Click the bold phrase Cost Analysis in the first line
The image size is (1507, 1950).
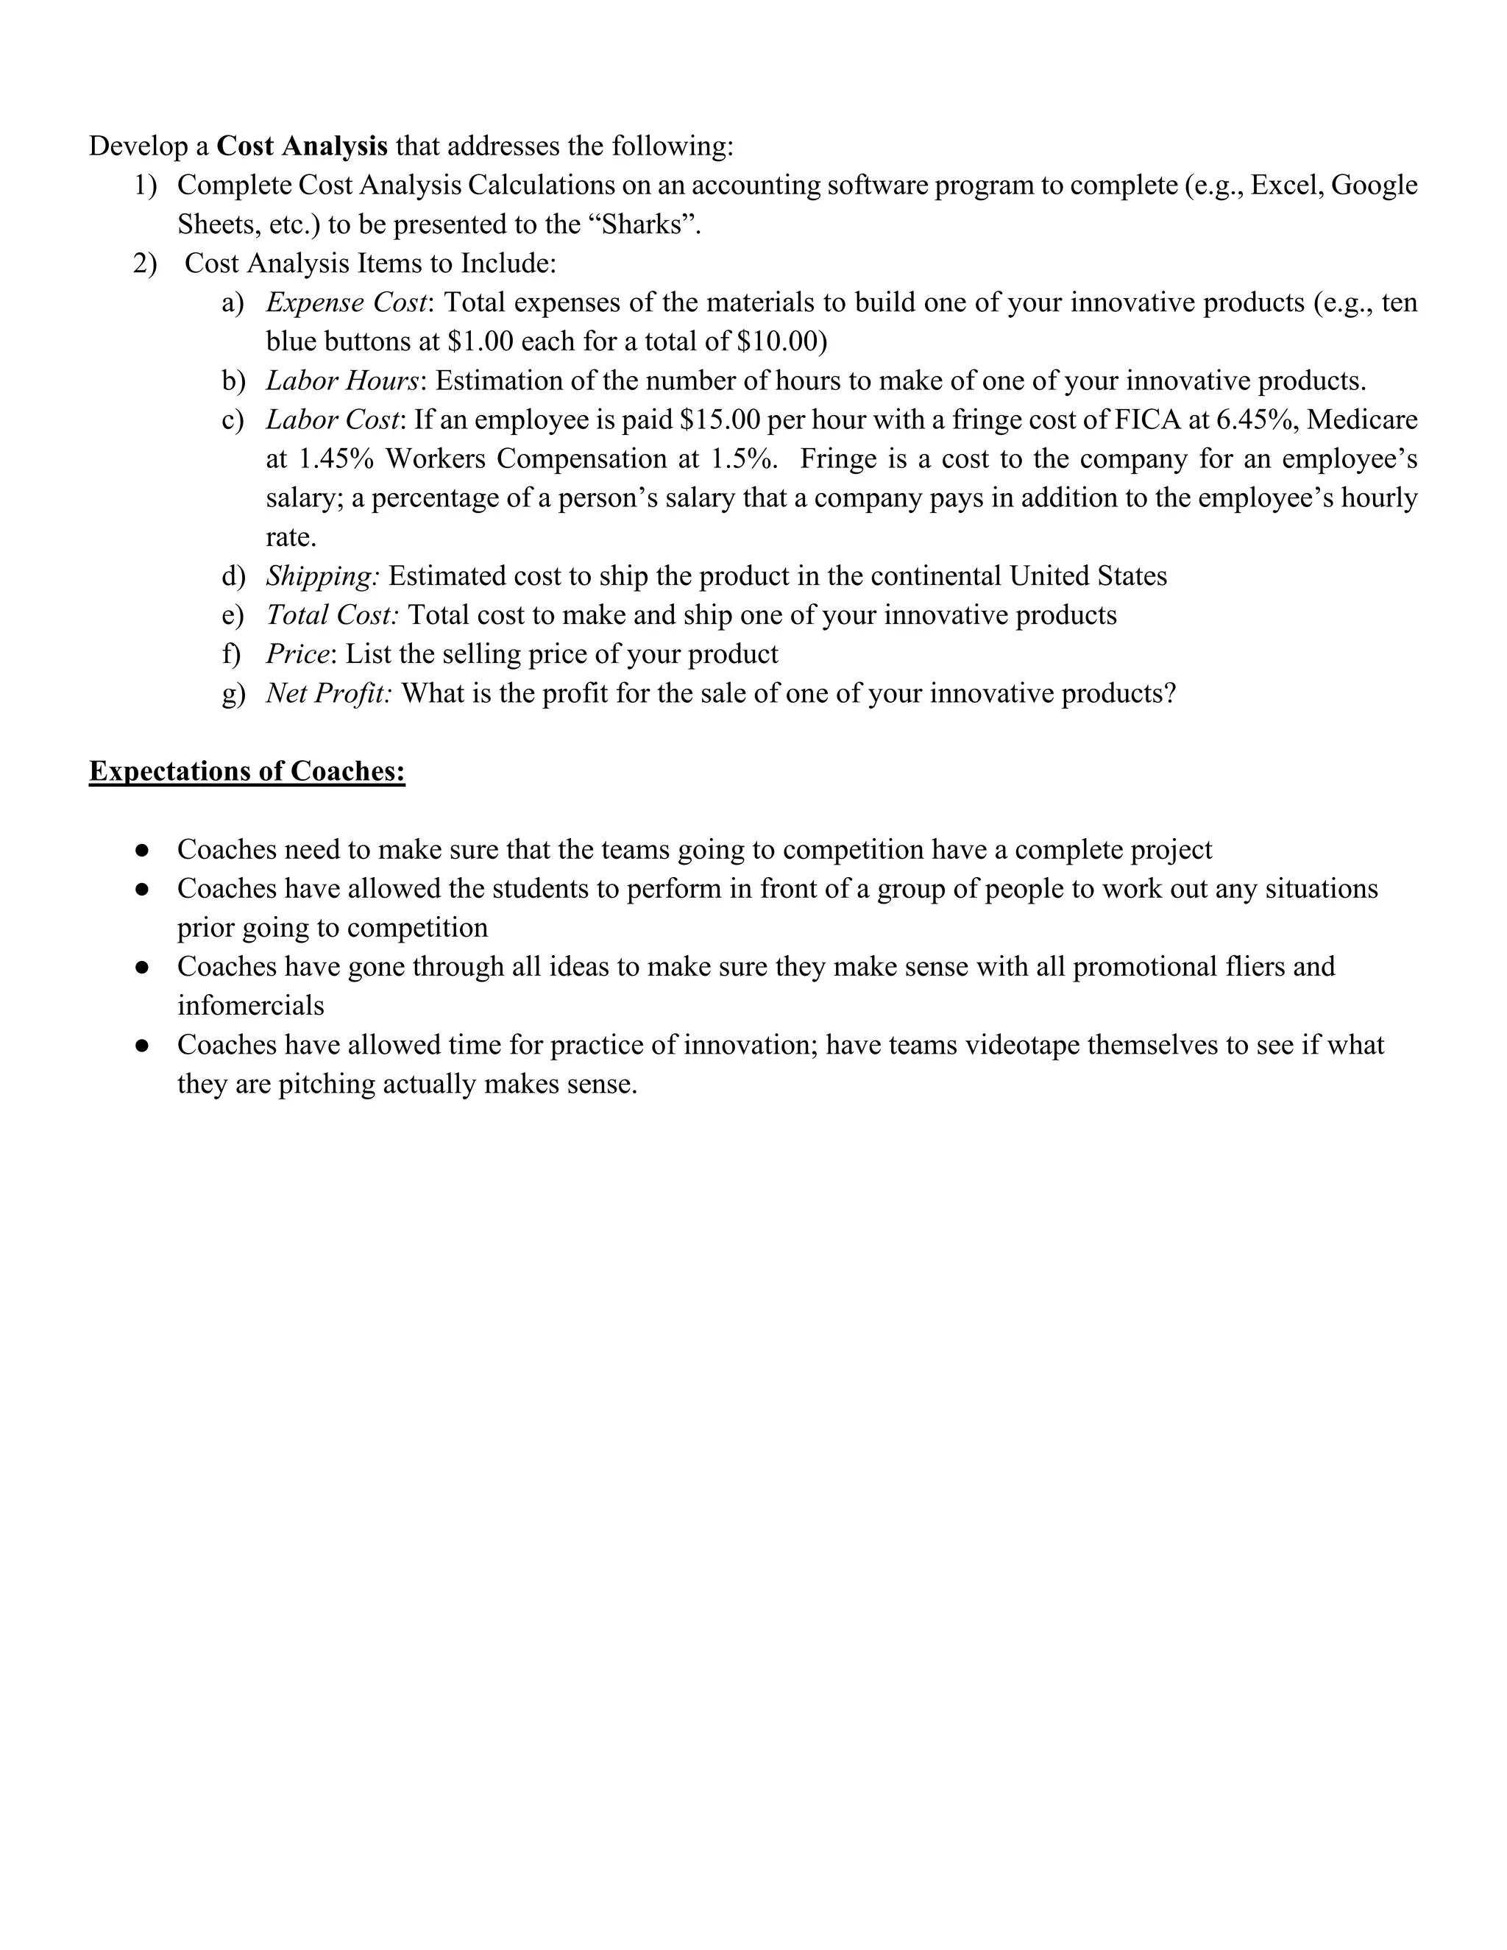pyautogui.click(x=302, y=146)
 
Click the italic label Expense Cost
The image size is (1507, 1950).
pyautogui.click(x=347, y=302)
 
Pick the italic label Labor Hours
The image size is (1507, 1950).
pyautogui.click(x=342, y=381)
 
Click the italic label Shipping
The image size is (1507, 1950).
pyautogui.click(x=322, y=576)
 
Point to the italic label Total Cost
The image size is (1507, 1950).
pyautogui.click(x=332, y=615)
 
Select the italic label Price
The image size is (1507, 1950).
pyautogui.click(x=298, y=654)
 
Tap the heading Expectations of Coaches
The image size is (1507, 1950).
pyautogui.click(x=247, y=771)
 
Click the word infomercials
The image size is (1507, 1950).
pyautogui.click(x=251, y=1006)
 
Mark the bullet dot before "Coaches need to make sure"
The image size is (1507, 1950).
pyautogui.click(x=141, y=850)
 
